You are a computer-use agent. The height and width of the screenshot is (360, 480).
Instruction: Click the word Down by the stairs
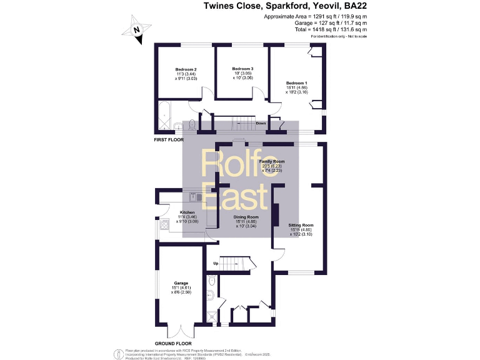pyautogui.click(x=261, y=124)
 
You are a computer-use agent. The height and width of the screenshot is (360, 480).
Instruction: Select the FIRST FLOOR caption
pyautogui.click(x=168, y=141)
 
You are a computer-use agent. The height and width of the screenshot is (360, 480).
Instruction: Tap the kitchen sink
pyautogui.click(x=194, y=196)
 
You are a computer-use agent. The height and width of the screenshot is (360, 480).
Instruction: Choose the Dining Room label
pyautogui.click(x=241, y=217)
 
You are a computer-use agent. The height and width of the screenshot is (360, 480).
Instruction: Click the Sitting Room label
pyautogui.click(x=301, y=225)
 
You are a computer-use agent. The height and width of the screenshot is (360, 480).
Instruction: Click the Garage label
pyautogui.click(x=181, y=282)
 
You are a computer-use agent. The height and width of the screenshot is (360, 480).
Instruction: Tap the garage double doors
pyautogui.click(x=181, y=331)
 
